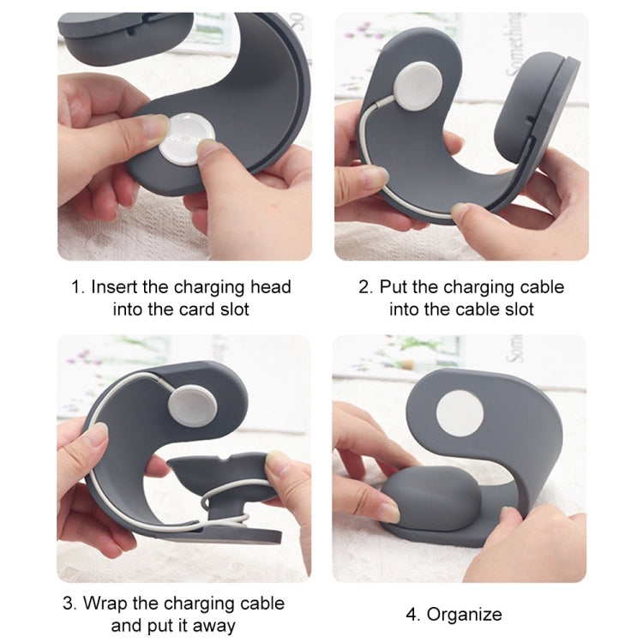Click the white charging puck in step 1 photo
(x=187, y=140)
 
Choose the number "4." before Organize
(x=412, y=614)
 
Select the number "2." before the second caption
(x=365, y=286)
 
